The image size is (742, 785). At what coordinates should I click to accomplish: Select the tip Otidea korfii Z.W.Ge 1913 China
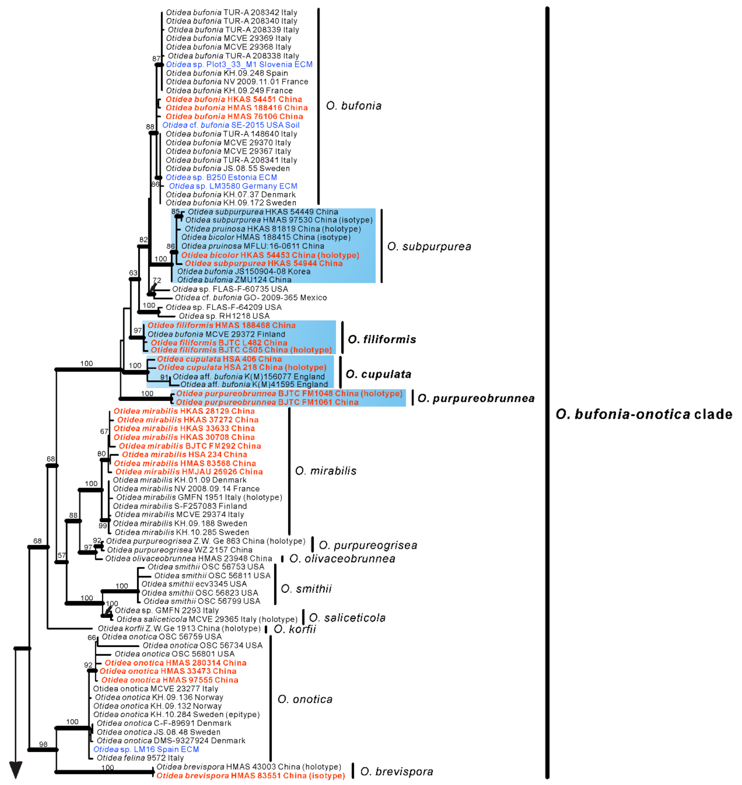click(179, 629)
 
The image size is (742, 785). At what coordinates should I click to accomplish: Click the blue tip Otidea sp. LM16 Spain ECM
click(146, 750)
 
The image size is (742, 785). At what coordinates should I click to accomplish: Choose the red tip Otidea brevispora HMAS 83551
click(250, 776)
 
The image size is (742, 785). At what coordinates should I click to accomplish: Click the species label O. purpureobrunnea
click(476, 398)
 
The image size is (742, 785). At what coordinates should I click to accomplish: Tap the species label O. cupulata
click(379, 374)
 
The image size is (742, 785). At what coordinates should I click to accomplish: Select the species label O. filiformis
click(382, 339)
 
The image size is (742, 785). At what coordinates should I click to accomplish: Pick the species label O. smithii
click(306, 589)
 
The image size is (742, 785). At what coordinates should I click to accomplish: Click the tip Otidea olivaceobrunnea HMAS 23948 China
click(189, 558)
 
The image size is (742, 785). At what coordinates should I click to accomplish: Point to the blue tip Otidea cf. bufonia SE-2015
click(231, 125)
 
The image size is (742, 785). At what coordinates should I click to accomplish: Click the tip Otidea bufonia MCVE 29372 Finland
click(216, 334)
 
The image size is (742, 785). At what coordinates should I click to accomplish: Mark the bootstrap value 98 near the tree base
click(43, 744)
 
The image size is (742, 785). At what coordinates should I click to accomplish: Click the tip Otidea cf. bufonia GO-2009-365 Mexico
click(251, 297)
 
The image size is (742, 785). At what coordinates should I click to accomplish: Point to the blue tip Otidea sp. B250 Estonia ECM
click(221, 177)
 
